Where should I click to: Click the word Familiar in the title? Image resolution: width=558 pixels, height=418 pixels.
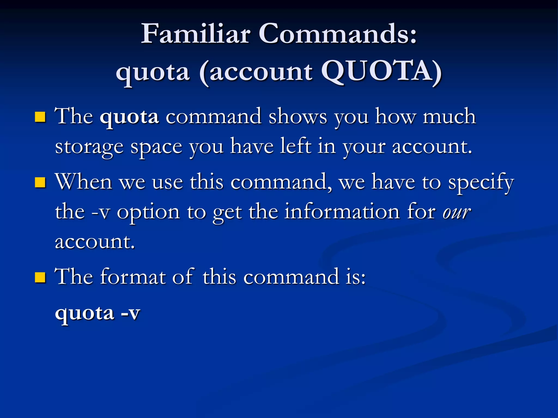tap(195, 34)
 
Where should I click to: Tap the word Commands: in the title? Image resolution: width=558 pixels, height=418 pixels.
tap(338, 34)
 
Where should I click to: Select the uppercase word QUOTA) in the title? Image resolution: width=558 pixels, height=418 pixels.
tap(381, 72)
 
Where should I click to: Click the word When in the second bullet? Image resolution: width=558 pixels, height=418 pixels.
tap(84, 182)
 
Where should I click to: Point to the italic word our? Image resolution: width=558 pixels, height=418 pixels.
tap(457, 212)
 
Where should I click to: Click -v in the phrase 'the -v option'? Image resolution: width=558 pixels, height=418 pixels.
tap(101, 212)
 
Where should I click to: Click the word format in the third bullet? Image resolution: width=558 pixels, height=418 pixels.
tap(133, 277)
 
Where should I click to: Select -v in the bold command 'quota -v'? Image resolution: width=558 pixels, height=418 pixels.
tap(130, 313)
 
